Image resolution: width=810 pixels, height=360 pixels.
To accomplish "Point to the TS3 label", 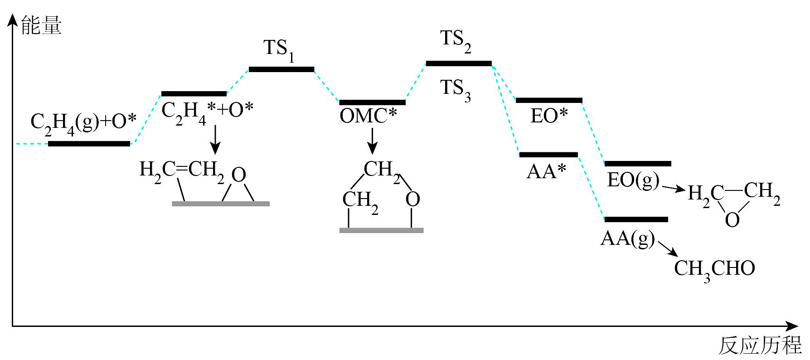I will pos(456,90).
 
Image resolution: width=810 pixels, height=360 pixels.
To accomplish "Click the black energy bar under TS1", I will pos(281,69).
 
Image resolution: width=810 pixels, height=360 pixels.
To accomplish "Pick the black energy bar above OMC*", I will pos(372,102).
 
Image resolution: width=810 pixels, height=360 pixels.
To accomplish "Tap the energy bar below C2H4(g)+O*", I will pos(89,144).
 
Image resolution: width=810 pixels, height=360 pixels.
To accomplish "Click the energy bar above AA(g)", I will pos(636,219).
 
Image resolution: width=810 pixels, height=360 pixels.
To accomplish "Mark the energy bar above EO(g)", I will pos(638,163).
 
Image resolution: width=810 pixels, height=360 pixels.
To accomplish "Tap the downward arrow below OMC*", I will pos(372,141).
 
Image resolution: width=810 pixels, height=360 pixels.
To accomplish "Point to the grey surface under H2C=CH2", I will pos(221,204).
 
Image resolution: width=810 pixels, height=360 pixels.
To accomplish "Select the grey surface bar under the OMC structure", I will pos(381,230).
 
